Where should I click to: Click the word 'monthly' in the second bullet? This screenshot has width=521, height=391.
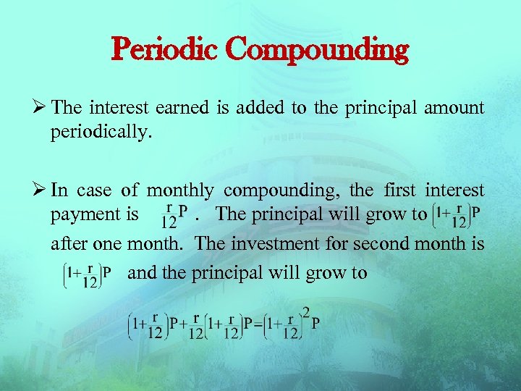coord(180,191)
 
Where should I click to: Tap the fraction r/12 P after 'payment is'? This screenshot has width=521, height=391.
coord(174,214)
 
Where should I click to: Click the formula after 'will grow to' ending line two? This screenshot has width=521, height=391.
coord(456,214)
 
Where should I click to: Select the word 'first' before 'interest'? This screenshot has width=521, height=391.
coord(397,191)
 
